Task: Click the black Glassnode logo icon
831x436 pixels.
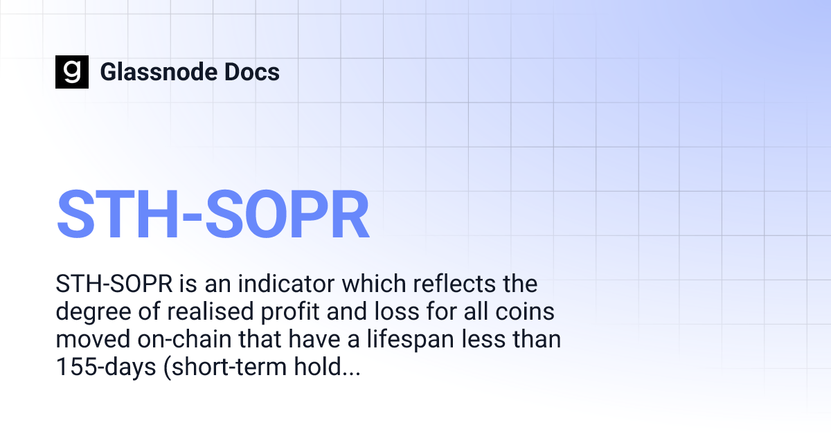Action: coord(72,72)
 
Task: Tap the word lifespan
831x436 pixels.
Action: coord(405,340)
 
